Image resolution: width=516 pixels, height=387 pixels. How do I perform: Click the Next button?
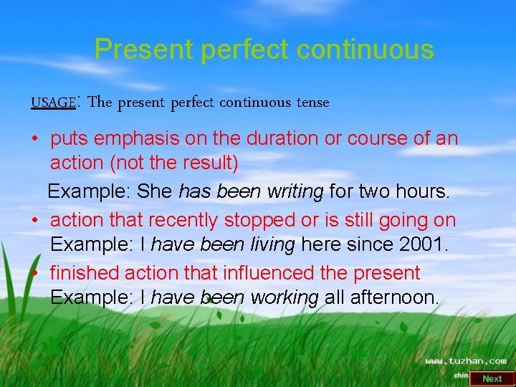492,378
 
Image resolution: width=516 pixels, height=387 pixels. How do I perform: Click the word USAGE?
52,102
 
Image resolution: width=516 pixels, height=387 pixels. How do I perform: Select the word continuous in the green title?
365,49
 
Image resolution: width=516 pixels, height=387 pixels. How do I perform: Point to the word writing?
292,192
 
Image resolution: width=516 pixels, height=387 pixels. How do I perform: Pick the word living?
270,245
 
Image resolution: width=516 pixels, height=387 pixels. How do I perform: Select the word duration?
276,138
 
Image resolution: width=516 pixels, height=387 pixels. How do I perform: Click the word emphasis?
143,138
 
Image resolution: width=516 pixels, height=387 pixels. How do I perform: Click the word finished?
85,273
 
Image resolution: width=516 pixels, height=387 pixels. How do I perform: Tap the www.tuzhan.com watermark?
466,361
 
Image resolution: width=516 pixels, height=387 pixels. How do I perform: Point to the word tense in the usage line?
313,102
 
